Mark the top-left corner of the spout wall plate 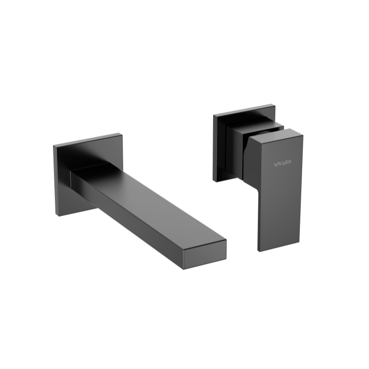54,145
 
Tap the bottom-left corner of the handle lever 259,251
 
